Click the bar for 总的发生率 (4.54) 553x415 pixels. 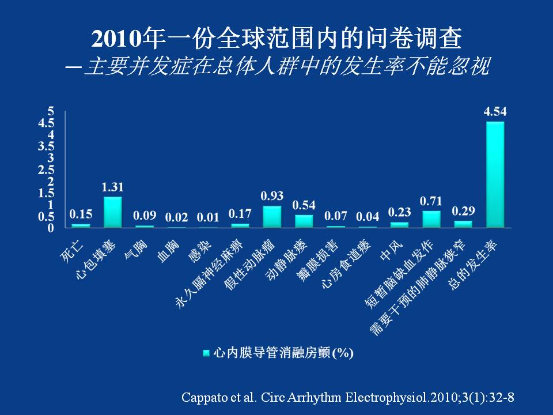click(495, 174)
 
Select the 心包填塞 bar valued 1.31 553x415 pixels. click(113, 212)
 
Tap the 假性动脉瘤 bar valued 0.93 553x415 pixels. click(272, 217)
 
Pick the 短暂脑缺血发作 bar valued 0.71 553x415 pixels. click(431, 219)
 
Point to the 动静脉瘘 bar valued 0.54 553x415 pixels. click(304, 221)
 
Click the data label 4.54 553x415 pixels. click(495, 112)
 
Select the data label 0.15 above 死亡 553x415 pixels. click(81, 214)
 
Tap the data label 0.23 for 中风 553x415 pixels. click(399, 212)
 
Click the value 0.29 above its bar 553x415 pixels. click(463, 210)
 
